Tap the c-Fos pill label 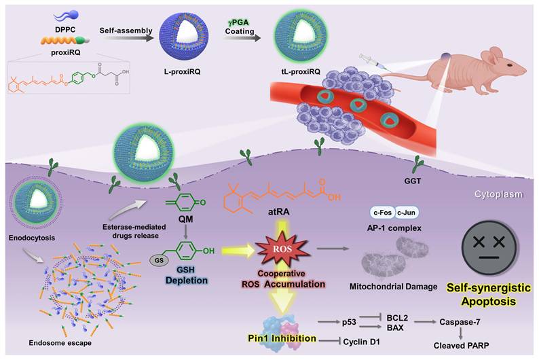pyautogui.click(x=383, y=213)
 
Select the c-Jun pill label pyautogui.click(x=407, y=213)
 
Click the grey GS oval pyautogui.click(x=159, y=260)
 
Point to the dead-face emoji pyautogui.click(x=489, y=247)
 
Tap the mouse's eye pyautogui.click(x=509, y=65)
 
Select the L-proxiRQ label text pyautogui.click(x=182, y=72)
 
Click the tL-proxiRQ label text pyautogui.click(x=301, y=72)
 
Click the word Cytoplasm pyautogui.click(x=498, y=194)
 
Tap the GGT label pyautogui.click(x=412, y=181)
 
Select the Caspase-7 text pyautogui.click(x=460, y=322)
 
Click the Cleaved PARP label pyautogui.click(x=461, y=345)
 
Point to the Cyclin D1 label pyautogui.click(x=361, y=342)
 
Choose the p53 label pyautogui.click(x=349, y=323)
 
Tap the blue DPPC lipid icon pyautogui.click(x=67, y=16)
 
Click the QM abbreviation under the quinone pyautogui.click(x=185, y=219)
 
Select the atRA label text pyautogui.click(x=279, y=212)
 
